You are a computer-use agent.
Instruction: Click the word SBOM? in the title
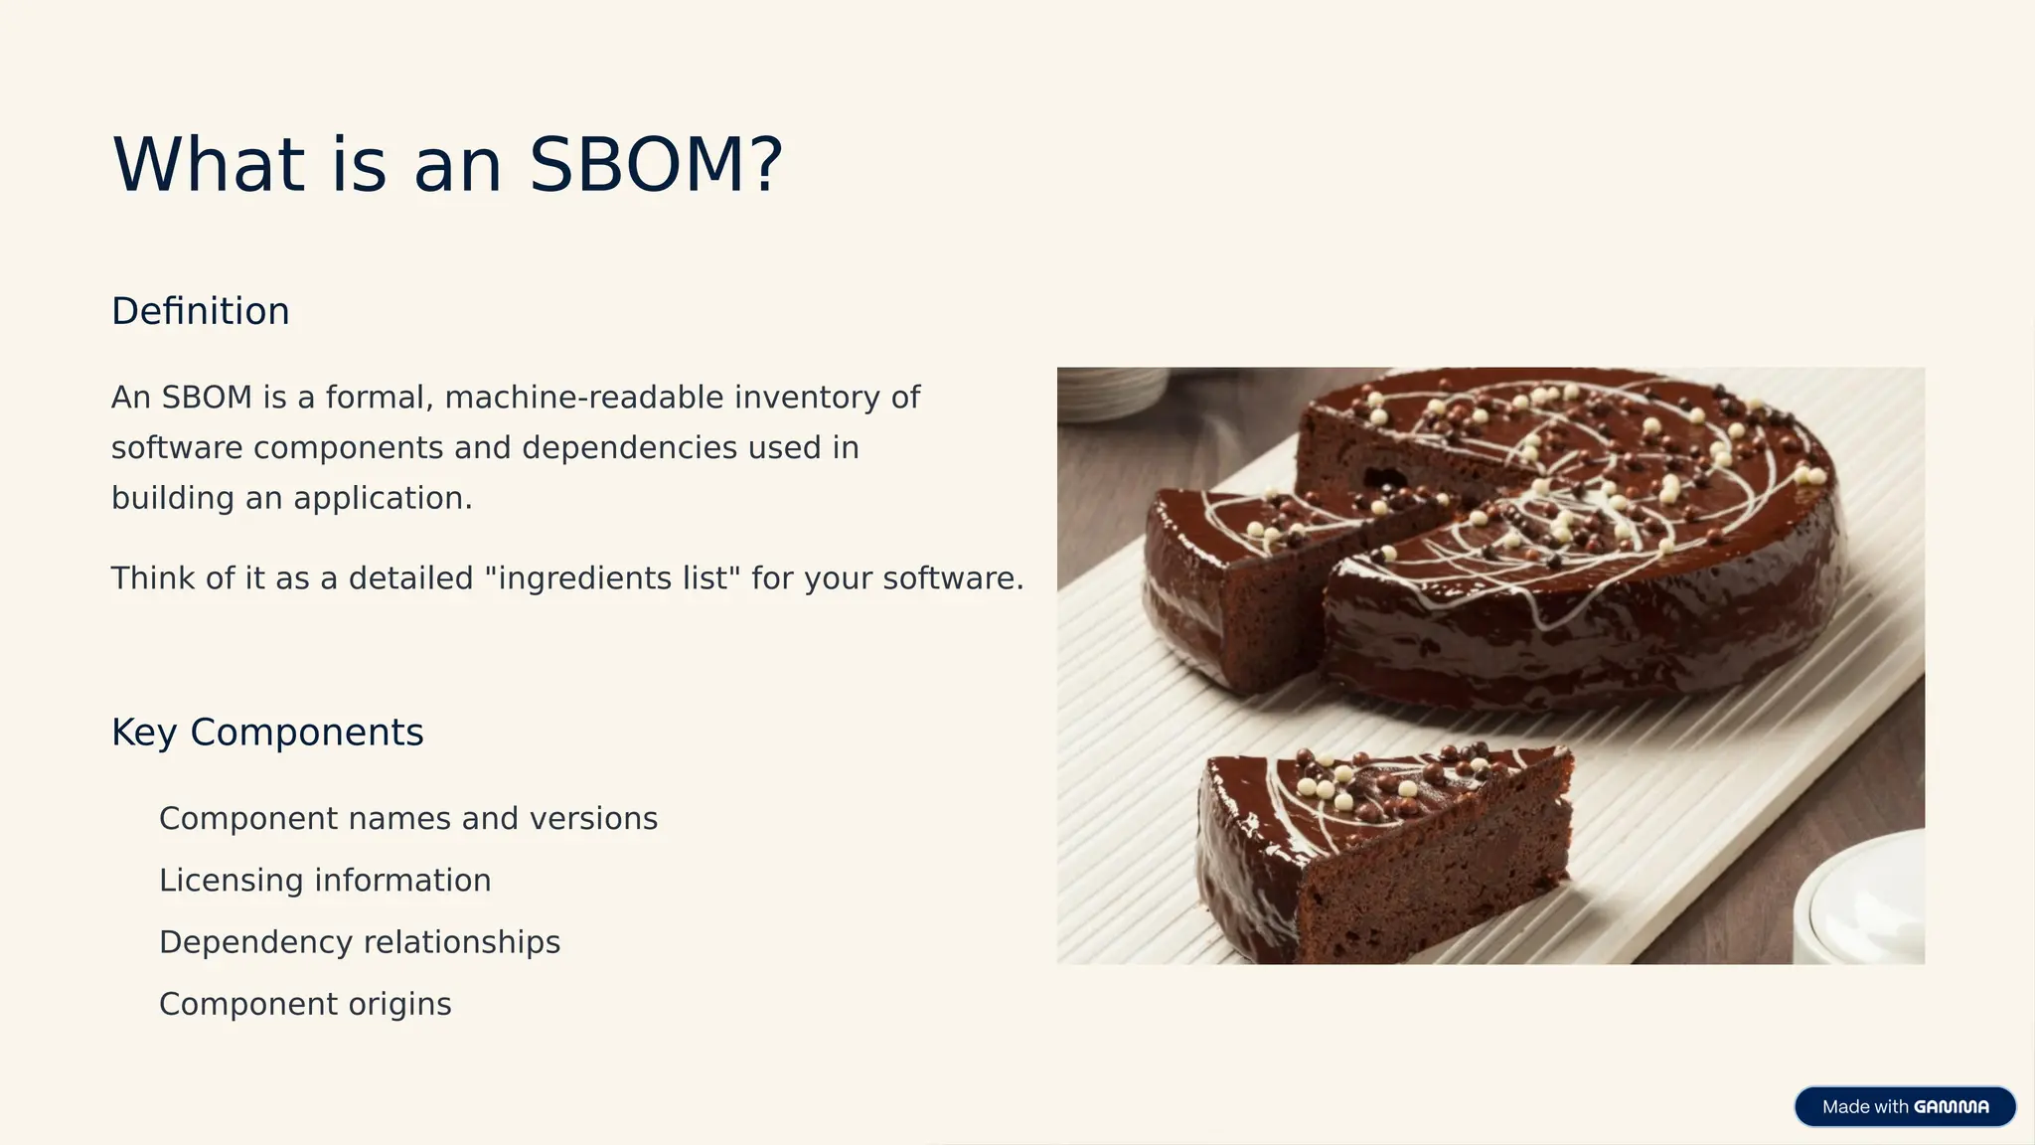click(656, 165)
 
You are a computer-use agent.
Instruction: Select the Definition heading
click(200, 311)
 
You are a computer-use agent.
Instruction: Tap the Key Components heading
click(267, 733)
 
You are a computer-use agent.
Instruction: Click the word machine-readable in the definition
click(584, 398)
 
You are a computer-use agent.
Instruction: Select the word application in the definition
click(382, 498)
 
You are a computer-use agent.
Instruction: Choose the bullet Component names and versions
click(408, 819)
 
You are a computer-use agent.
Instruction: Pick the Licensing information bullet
click(325, 881)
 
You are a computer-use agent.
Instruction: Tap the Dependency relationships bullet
click(360, 942)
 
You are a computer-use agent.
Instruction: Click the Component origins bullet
click(305, 1004)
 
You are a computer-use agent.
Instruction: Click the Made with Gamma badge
click(1904, 1106)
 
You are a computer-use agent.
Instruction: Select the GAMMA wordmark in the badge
click(1951, 1107)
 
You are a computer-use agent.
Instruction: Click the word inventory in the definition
click(807, 398)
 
